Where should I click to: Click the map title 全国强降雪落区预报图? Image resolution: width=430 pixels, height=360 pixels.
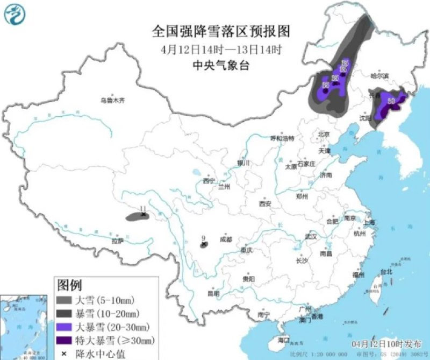pos(221,31)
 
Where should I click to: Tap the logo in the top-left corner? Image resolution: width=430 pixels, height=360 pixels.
pos(15,15)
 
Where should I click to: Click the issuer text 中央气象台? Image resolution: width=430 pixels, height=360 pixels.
pos(221,66)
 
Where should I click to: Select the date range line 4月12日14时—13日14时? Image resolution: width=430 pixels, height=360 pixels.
pos(221,50)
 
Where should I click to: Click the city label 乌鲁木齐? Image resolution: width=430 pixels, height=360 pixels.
pos(112,100)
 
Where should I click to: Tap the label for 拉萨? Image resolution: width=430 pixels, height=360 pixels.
pos(117,241)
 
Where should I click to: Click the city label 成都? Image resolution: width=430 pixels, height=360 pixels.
pos(226,239)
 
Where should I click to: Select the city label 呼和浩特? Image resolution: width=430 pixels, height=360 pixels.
pos(282,138)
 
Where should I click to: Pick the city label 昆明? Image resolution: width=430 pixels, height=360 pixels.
pos(213,293)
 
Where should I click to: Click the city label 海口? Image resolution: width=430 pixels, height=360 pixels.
pos(283,340)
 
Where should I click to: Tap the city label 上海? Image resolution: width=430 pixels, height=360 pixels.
pos(369,222)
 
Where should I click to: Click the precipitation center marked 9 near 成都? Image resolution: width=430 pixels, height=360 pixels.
pos(204,245)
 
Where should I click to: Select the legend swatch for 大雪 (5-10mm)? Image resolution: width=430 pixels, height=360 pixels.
pos(66,300)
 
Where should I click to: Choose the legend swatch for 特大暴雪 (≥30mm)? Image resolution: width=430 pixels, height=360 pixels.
pos(66,340)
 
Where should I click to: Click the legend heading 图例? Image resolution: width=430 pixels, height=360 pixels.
pos(69,284)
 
